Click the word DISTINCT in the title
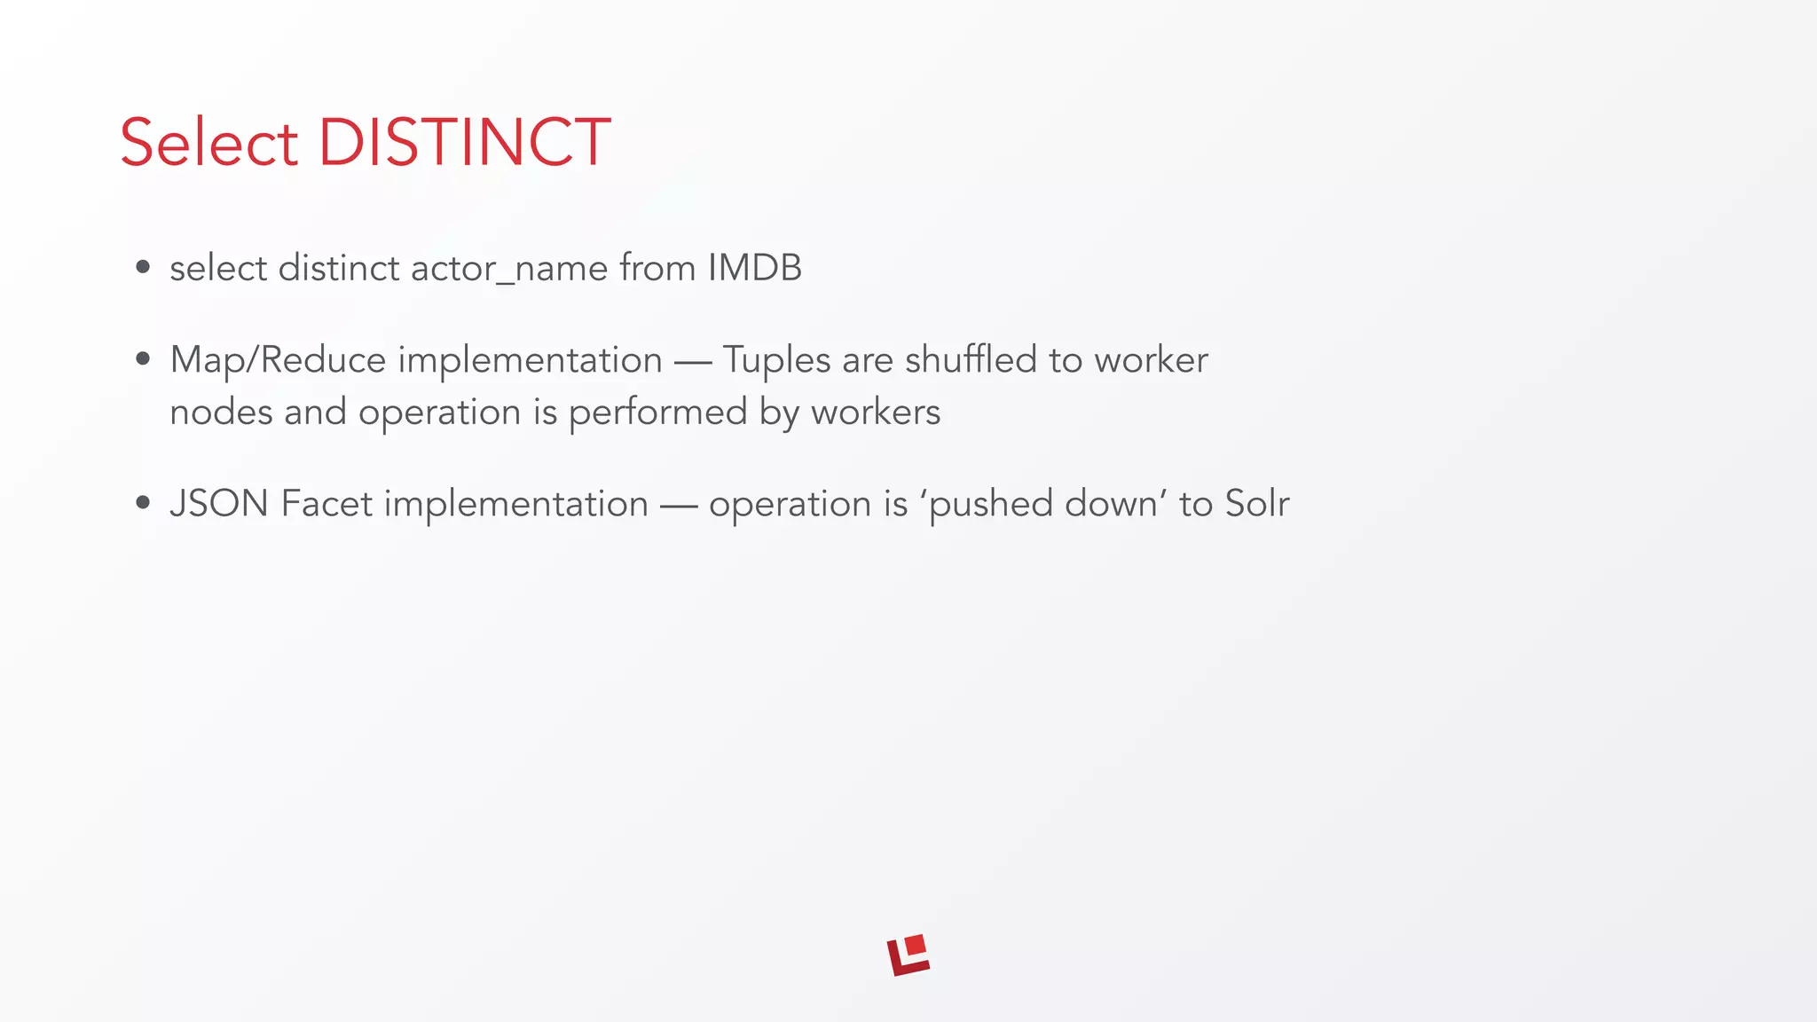464,142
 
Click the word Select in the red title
209,142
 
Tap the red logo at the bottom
908,955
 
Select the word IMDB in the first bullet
755,268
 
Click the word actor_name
509,268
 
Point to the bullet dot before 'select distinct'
143,268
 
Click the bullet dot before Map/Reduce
143,359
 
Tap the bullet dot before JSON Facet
143,503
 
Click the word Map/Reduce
278,359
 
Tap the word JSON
219,503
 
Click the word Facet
326,503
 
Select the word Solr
1256,503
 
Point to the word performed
657,412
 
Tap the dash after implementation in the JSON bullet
679,505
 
